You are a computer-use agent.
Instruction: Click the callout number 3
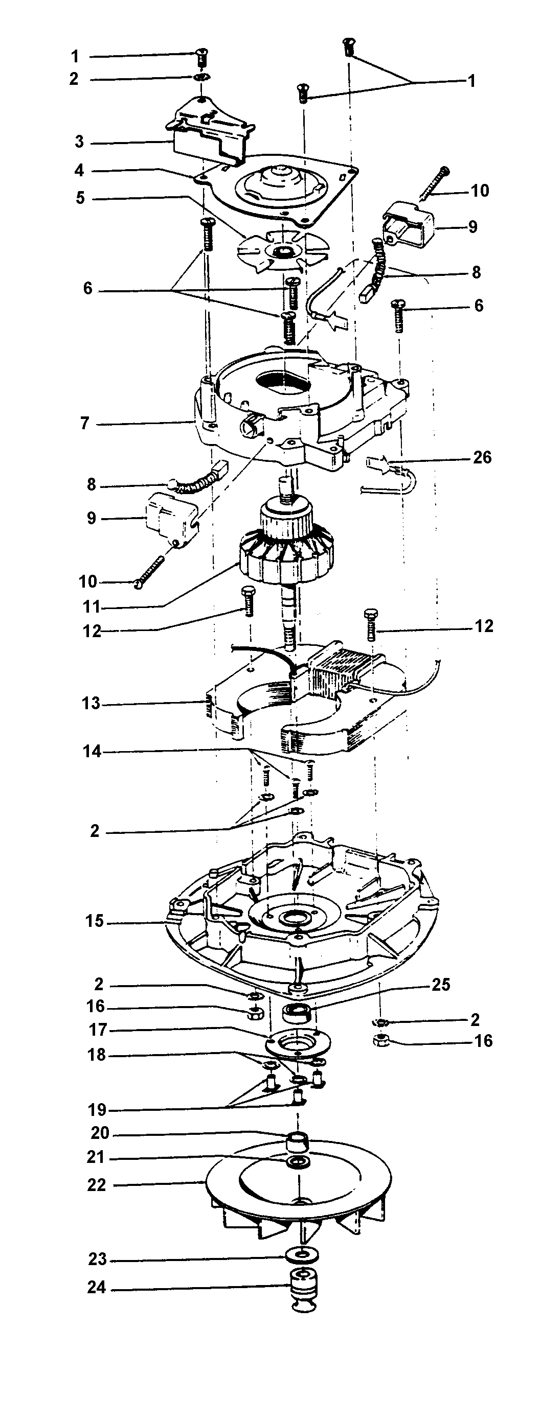[x=80, y=142]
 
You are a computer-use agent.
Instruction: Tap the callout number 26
[x=482, y=457]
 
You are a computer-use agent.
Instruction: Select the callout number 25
[x=440, y=985]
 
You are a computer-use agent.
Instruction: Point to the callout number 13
[x=91, y=704]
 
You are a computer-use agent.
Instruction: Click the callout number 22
[x=96, y=1185]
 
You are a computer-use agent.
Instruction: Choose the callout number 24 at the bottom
[x=96, y=1288]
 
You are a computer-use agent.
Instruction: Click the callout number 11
[x=91, y=607]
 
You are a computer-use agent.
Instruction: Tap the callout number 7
[x=84, y=424]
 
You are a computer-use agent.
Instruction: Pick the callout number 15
[x=95, y=921]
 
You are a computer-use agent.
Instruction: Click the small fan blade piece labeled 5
[x=282, y=251]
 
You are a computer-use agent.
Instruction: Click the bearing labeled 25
[x=298, y=1014]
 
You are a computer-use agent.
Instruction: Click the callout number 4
[x=80, y=170]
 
